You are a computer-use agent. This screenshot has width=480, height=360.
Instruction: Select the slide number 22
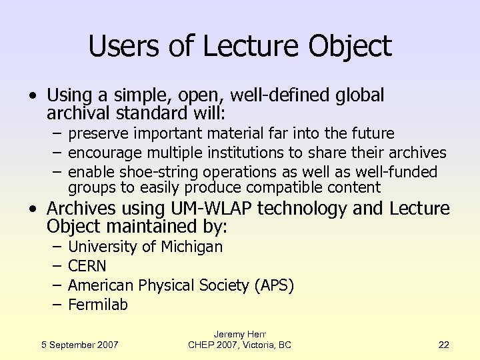pos(444,345)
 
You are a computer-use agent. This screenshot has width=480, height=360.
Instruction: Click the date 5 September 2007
pos(80,345)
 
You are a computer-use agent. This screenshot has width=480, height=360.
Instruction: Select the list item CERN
pos(87,266)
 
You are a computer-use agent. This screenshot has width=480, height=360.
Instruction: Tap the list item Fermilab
pos(98,305)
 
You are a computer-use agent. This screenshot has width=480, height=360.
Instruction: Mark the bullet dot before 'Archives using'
pos(33,209)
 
